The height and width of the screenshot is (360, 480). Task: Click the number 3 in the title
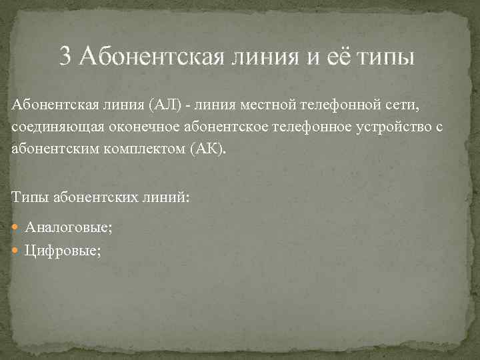coord(65,56)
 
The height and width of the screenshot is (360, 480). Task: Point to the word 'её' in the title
coord(337,56)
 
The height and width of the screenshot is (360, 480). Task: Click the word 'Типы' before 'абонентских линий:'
coord(29,196)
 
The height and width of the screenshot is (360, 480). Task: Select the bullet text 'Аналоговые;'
coord(69,228)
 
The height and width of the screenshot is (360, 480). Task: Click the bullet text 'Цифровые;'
coord(63,251)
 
